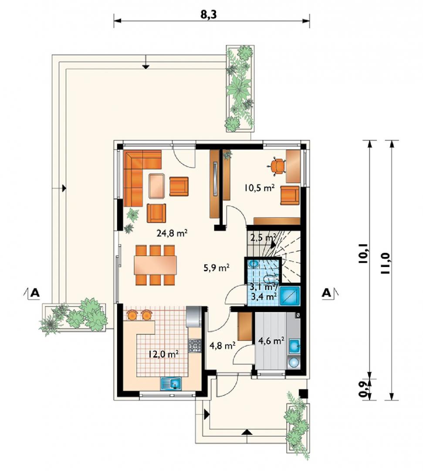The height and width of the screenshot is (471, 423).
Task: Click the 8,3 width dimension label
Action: click(208, 14)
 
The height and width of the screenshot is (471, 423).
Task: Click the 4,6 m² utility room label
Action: click(271, 341)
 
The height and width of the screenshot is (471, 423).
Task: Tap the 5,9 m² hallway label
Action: click(217, 268)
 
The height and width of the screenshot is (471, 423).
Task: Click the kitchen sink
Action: click(171, 384)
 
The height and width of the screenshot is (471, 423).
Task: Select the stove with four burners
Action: click(194, 345)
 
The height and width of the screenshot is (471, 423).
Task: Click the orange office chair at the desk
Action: click(277, 166)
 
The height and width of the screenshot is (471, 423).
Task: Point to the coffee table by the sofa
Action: click(156, 186)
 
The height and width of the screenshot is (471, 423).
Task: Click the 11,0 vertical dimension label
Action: click(386, 263)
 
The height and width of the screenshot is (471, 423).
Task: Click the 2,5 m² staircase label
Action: click(263, 238)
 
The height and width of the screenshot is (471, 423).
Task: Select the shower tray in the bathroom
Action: click(290, 296)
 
